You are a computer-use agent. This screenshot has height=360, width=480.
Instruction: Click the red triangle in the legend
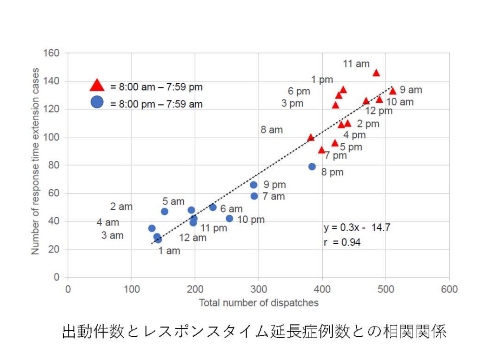tap(97, 85)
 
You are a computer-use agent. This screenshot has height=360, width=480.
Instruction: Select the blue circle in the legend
tap(97, 102)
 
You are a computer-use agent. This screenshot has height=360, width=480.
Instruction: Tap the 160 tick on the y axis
tap(52, 53)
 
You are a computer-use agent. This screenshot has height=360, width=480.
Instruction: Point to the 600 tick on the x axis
tap(449, 289)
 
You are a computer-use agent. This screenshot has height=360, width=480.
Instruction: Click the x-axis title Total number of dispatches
tap(259, 303)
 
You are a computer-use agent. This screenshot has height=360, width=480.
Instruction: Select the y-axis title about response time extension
tap(36, 161)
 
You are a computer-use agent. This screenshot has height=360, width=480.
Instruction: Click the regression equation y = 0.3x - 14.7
tap(357, 227)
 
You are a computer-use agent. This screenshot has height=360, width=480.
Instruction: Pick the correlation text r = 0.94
tap(342, 242)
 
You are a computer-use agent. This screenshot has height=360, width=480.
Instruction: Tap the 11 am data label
tap(356, 64)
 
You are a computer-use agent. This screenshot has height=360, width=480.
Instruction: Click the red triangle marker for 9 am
tap(393, 91)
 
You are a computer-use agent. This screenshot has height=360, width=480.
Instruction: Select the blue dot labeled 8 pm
tap(312, 167)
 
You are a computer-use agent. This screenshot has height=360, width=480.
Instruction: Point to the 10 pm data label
tap(251, 220)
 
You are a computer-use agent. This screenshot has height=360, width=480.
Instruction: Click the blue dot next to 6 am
tap(213, 207)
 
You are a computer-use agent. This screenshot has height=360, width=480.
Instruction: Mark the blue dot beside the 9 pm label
tap(253, 185)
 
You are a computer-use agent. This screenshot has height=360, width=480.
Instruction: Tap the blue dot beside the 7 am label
tap(254, 196)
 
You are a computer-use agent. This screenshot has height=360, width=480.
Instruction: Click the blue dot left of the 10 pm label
tap(229, 219)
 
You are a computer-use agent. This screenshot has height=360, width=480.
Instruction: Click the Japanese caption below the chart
tap(254, 332)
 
